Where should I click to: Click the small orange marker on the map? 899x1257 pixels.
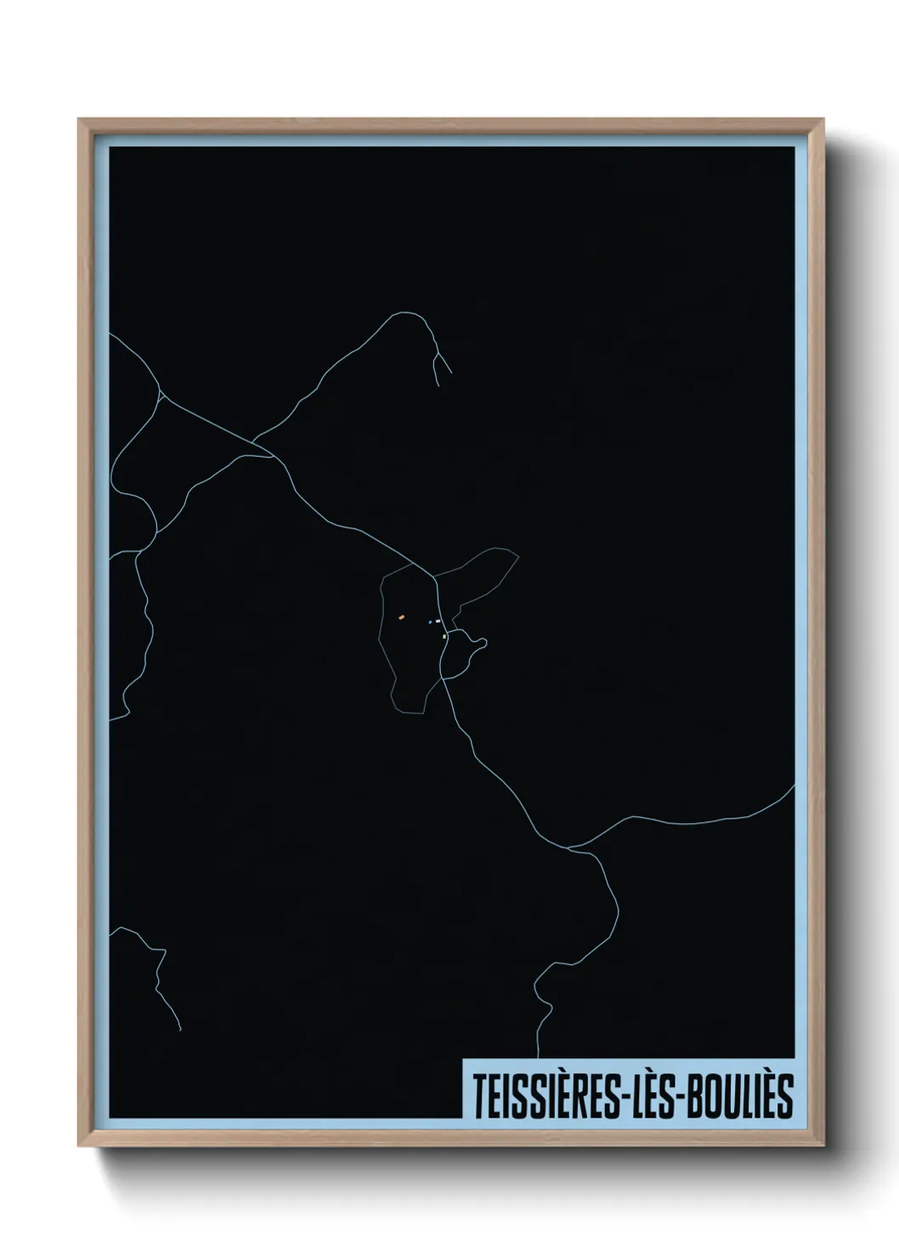(x=401, y=617)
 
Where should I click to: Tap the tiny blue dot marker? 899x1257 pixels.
(x=430, y=622)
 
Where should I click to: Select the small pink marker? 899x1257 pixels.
(x=438, y=622)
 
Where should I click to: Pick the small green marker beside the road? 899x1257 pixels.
(x=444, y=636)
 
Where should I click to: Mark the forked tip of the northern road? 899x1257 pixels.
(x=438, y=360)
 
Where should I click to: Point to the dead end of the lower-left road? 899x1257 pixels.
(x=180, y=1029)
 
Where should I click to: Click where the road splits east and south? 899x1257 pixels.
(x=569, y=848)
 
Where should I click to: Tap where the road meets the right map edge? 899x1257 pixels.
(x=794, y=786)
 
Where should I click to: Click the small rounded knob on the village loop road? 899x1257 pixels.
(x=481, y=643)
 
